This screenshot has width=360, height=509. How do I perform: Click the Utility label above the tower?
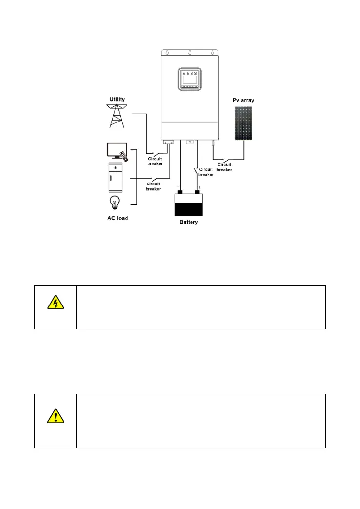pyautogui.click(x=117, y=99)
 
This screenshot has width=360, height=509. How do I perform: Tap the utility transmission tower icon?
pyautogui.click(x=117, y=116)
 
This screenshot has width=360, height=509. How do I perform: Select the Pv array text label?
pyautogui.click(x=243, y=100)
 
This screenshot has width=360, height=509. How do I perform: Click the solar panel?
pyautogui.click(x=243, y=123)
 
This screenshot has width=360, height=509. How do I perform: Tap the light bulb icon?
pyautogui.click(x=115, y=203)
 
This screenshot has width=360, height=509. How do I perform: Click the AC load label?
pyautogui.click(x=118, y=218)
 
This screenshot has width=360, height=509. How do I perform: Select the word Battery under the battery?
pyautogui.click(x=189, y=223)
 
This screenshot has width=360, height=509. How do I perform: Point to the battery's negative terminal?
pyautogui.click(x=179, y=192)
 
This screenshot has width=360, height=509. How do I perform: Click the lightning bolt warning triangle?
pyautogui.click(x=55, y=304)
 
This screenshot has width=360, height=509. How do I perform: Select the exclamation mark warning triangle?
pyautogui.click(x=55, y=416)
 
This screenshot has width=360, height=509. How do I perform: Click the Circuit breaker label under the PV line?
pyautogui.click(x=224, y=167)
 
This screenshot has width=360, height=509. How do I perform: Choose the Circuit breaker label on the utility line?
pyautogui.click(x=155, y=161)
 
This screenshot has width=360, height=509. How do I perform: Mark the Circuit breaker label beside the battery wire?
pyautogui.click(x=206, y=172)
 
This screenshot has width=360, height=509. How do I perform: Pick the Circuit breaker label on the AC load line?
pyautogui.click(x=153, y=186)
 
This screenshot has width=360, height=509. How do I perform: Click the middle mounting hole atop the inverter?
pyautogui.click(x=190, y=52)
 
